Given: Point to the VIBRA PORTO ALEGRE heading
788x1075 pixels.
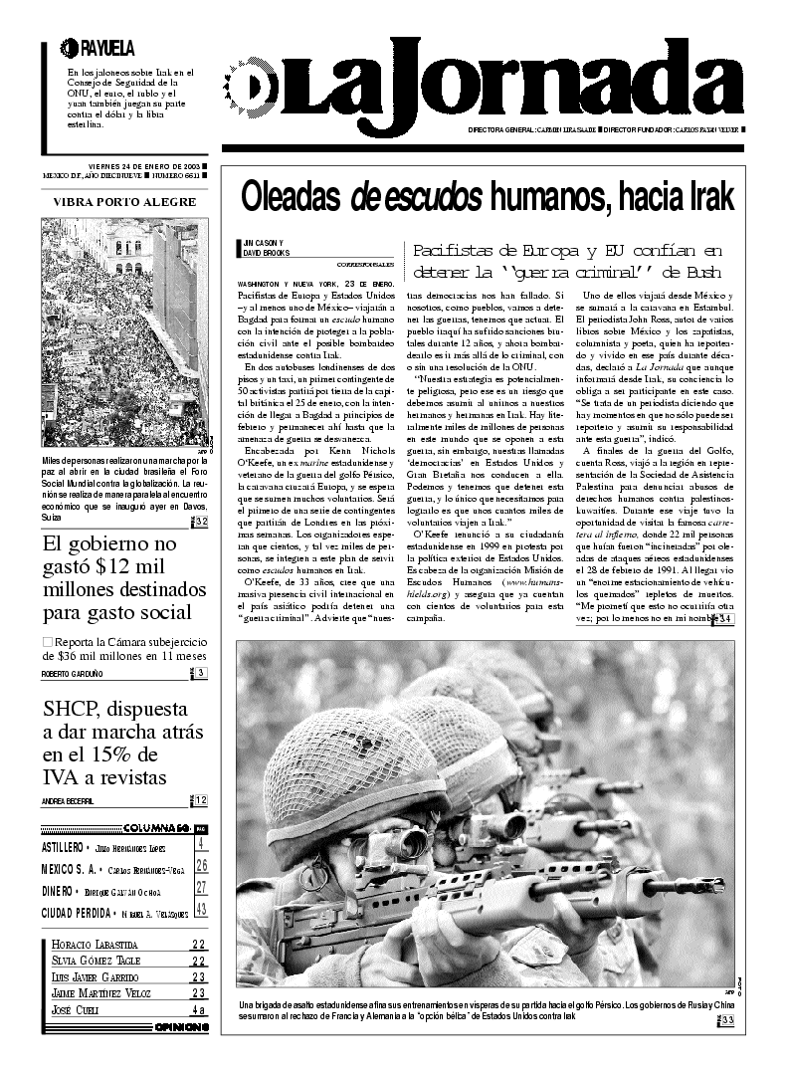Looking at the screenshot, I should click(124, 202).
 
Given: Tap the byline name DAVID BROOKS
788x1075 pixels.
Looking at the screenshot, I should click(265, 253).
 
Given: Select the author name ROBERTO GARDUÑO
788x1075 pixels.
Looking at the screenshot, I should click(73, 674).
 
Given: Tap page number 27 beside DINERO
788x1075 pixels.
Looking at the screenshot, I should click(200, 888).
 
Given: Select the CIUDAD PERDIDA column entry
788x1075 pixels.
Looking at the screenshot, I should click(75, 911).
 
